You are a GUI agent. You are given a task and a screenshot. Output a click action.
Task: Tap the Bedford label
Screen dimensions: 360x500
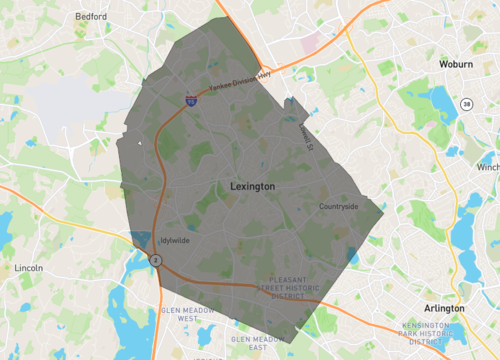click(90, 17)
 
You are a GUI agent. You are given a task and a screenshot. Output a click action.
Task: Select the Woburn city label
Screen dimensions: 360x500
click(456, 64)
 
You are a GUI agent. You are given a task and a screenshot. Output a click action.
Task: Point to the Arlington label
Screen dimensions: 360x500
click(444, 308)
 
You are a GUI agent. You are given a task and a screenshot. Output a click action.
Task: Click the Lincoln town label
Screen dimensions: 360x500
click(29, 268)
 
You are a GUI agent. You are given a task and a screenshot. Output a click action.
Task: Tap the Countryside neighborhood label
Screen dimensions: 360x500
click(338, 207)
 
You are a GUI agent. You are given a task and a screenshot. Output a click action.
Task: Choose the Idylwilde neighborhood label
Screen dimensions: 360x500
click(177, 241)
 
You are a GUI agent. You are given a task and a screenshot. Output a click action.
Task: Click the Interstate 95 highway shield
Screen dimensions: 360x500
click(190, 101)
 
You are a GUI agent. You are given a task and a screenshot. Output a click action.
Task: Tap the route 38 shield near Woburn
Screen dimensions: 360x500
click(466, 103)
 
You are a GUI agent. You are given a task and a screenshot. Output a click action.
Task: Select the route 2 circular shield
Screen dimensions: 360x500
click(155, 260)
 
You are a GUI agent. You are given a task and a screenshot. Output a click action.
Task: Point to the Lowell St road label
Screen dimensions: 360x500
click(305, 132)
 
